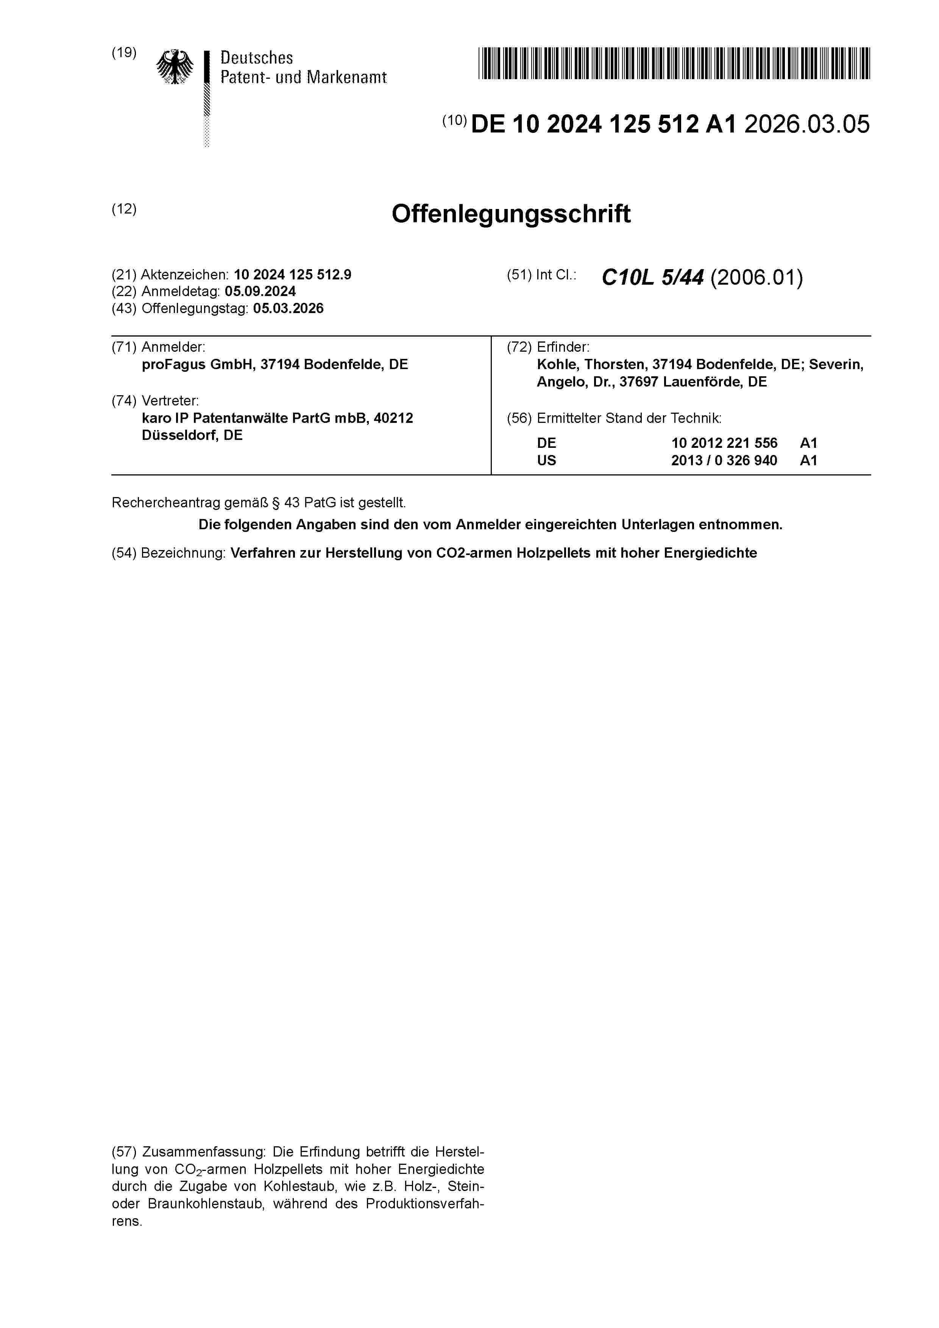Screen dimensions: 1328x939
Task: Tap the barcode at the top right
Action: coord(674,63)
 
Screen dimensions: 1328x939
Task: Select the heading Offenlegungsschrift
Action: coord(511,214)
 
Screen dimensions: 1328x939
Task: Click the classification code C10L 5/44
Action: coord(653,278)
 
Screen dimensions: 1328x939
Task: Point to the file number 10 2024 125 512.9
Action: coord(292,275)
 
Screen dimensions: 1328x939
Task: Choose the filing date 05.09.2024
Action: coord(260,291)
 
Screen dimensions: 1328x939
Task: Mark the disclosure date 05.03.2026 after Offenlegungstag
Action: coord(288,309)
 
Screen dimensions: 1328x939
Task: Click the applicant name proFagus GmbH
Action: coord(197,365)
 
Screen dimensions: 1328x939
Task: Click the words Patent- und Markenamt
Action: coord(303,78)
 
